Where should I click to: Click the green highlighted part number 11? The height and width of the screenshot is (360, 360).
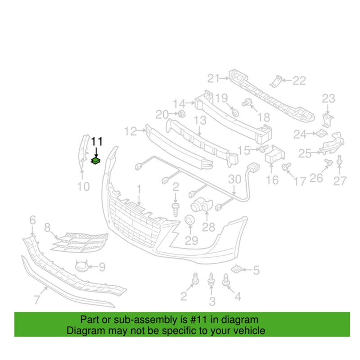(x=96, y=160)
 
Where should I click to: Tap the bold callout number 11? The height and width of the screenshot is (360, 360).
(x=97, y=141)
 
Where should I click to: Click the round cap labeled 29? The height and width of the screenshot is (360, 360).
(x=190, y=220)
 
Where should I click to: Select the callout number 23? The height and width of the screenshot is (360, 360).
(x=328, y=98)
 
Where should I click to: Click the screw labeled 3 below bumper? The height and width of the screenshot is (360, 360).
(x=211, y=281)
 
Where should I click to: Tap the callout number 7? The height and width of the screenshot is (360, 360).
(x=37, y=298)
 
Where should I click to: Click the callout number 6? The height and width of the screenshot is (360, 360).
(x=32, y=220)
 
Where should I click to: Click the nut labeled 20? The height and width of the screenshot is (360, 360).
(x=181, y=113)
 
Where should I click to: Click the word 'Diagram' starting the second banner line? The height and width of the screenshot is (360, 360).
(x=83, y=331)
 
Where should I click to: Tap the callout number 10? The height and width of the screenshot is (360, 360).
(x=84, y=185)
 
